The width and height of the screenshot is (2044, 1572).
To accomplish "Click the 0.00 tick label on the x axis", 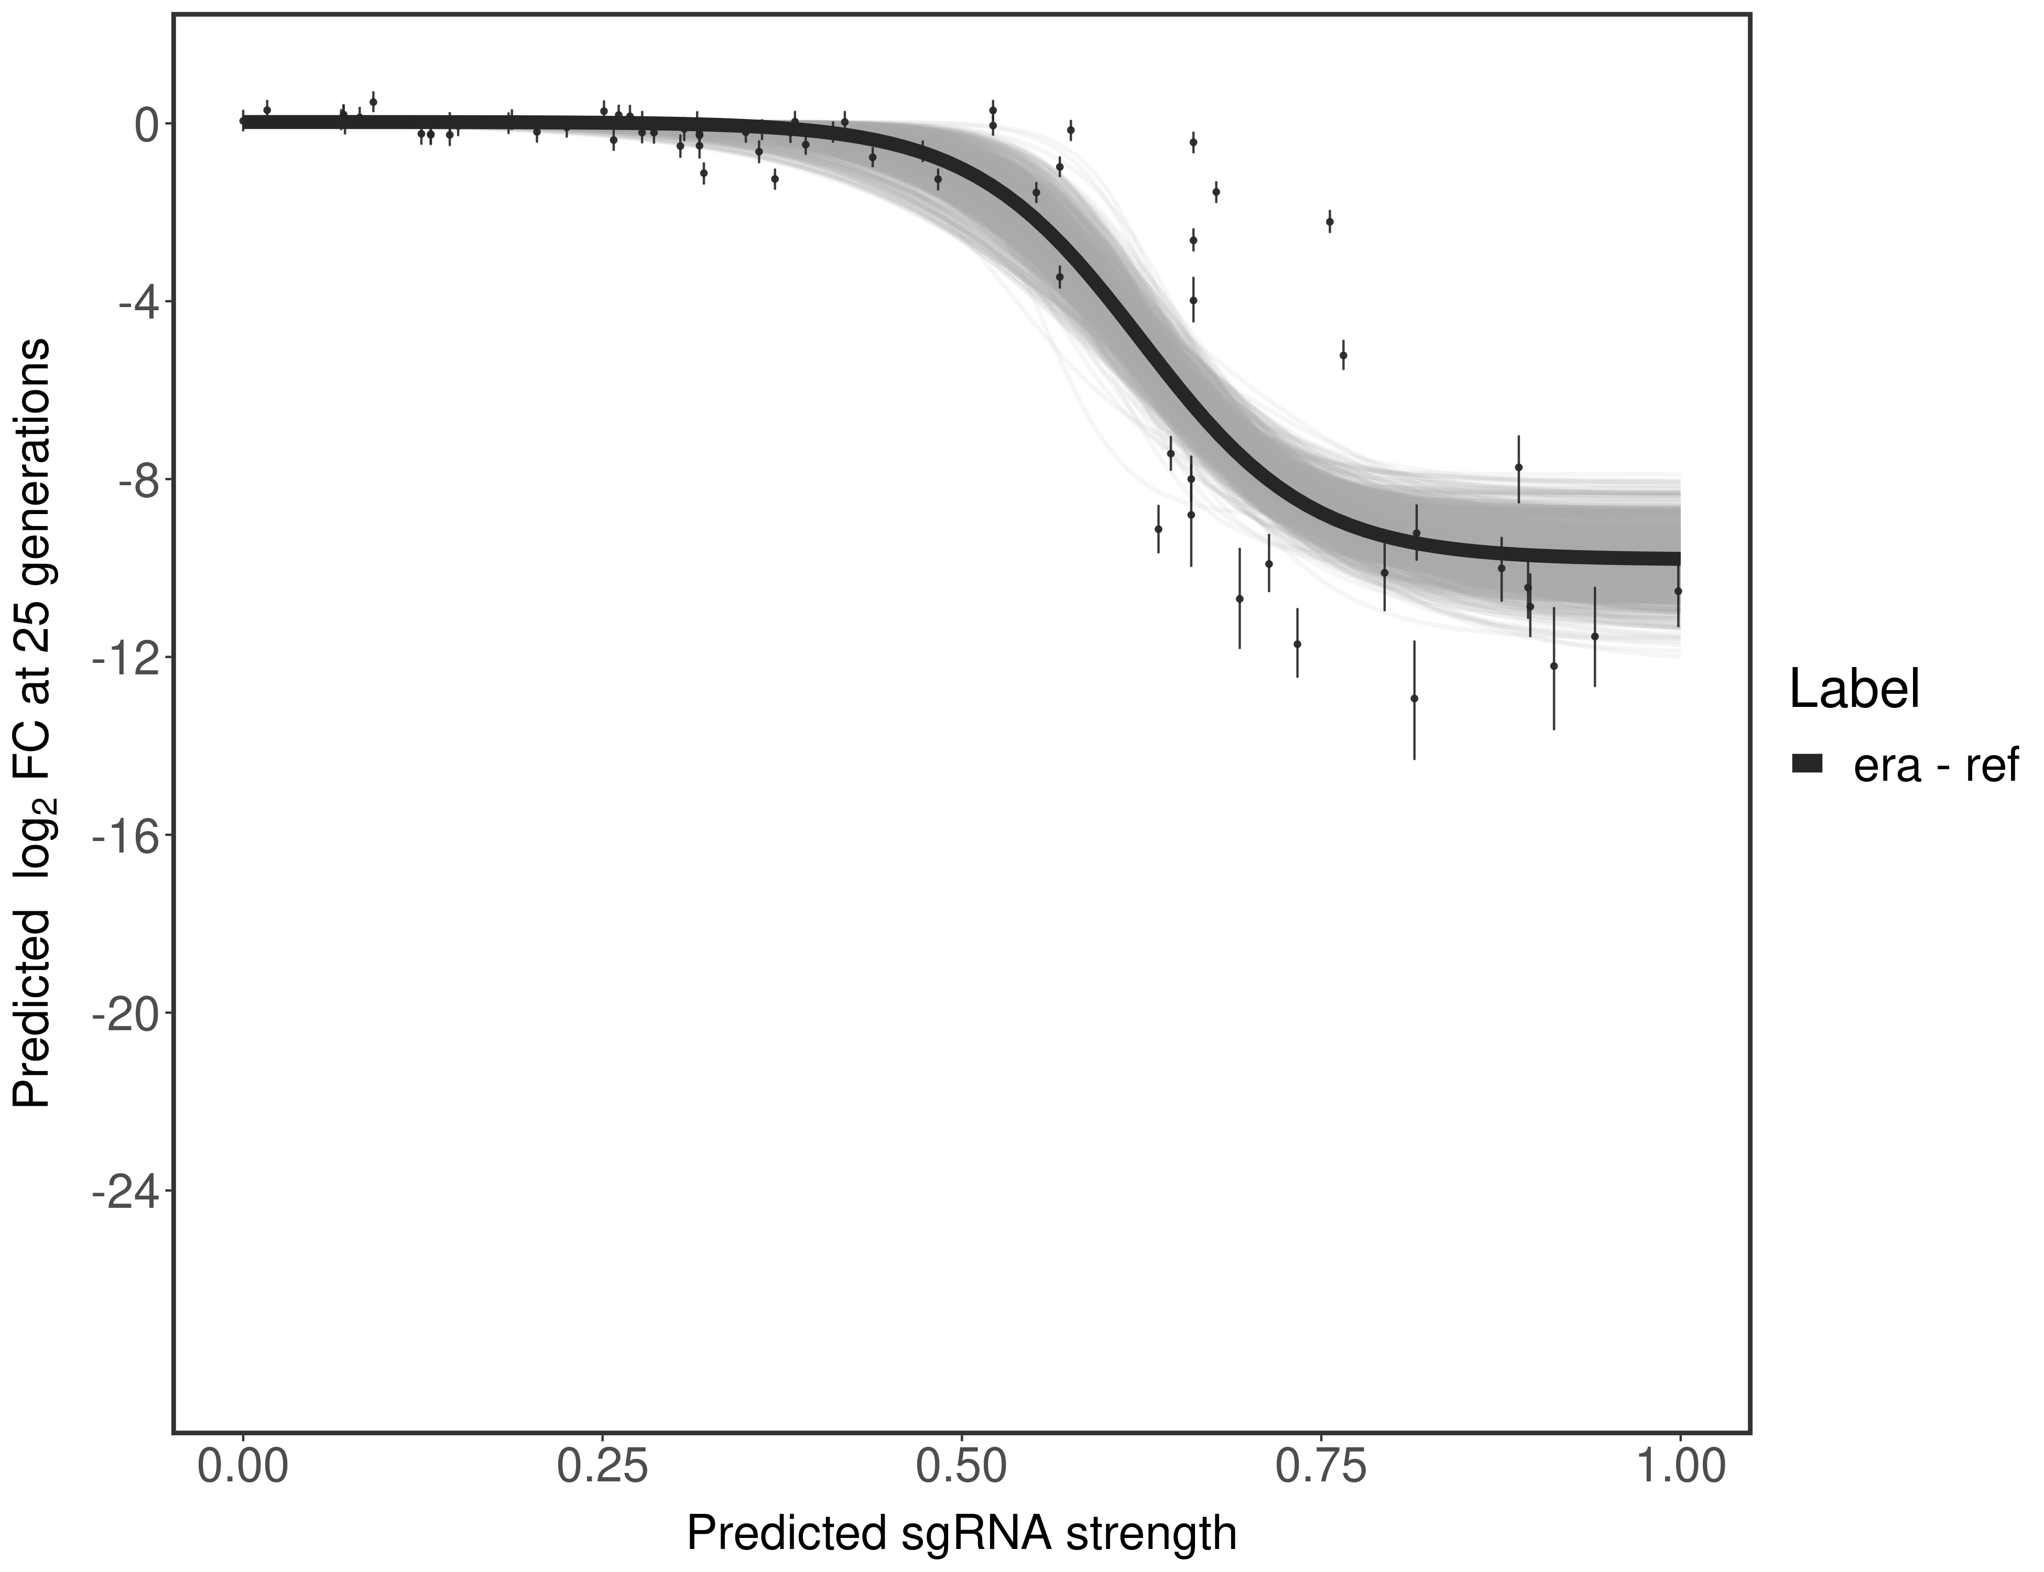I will (243, 1466).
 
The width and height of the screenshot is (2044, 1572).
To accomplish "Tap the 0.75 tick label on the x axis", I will (1321, 1466).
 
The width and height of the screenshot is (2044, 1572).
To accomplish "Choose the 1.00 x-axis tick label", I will (1680, 1466).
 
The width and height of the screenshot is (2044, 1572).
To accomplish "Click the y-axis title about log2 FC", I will (32, 723).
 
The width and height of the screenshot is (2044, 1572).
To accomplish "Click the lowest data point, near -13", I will (1414, 698).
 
